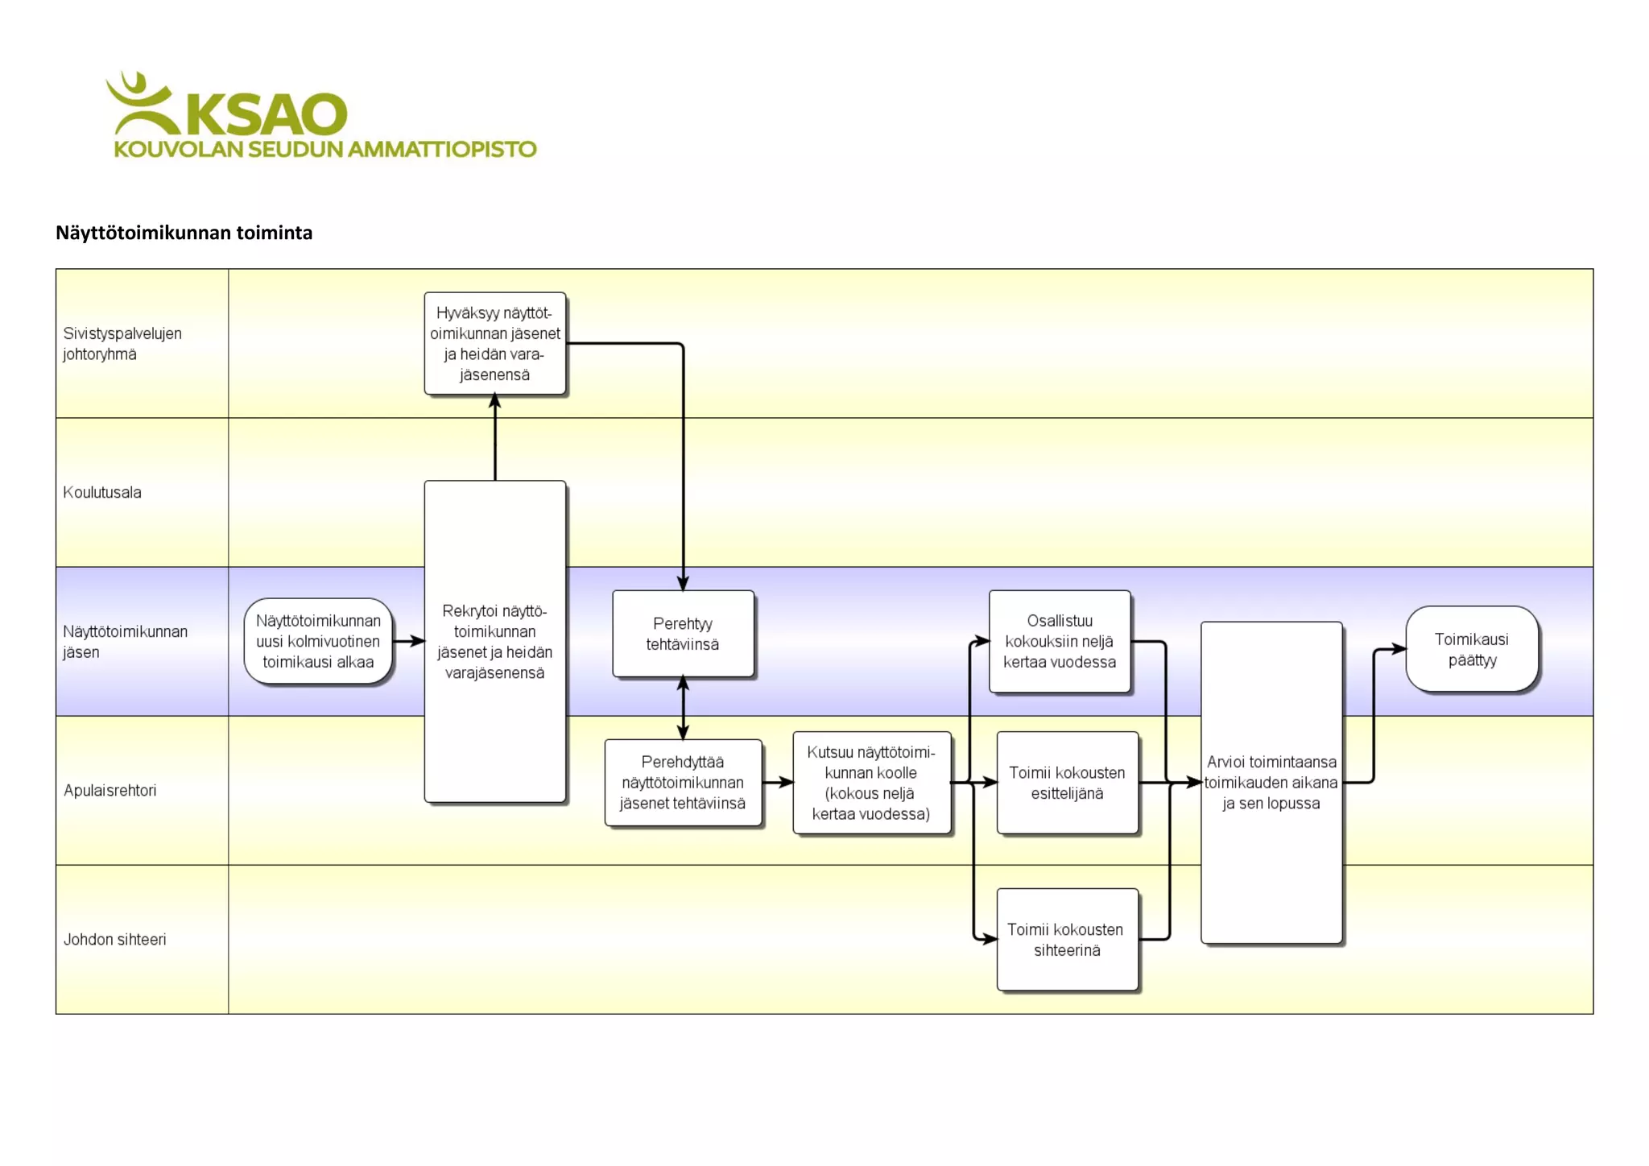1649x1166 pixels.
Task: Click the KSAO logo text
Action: point(266,114)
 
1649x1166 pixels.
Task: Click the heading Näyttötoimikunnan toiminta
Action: point(184,233)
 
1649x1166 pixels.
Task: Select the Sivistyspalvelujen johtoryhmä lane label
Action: point(122,344)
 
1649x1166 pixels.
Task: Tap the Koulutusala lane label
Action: point(102,492)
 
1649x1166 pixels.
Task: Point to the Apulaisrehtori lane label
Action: point(110,790)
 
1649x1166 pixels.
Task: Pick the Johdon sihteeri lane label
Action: point(115,939)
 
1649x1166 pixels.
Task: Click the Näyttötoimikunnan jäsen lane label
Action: point(125,642)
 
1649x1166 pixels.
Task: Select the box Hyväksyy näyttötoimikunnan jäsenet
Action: point(494,344)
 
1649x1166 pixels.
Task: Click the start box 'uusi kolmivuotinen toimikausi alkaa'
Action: point(318,642)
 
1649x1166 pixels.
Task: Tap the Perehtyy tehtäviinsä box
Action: point(683,634)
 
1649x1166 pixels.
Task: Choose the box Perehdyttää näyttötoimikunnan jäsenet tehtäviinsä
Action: point(683,782)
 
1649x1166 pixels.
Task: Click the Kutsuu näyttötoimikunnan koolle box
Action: point(871,783)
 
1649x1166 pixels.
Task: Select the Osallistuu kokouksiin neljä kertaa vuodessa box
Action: point(1060,642)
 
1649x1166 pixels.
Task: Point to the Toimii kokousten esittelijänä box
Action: point(1067,783)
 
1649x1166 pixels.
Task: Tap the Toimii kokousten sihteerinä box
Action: point(1067,940)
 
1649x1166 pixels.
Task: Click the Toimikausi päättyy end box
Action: point(1472,649)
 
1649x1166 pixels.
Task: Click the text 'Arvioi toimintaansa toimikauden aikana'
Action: point(1271,782)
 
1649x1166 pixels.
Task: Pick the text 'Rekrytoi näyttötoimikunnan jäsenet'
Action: point(494,642)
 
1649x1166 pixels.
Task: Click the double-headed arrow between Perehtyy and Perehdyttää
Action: point(683,708)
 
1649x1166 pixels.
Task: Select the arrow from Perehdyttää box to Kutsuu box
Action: point(777,782)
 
